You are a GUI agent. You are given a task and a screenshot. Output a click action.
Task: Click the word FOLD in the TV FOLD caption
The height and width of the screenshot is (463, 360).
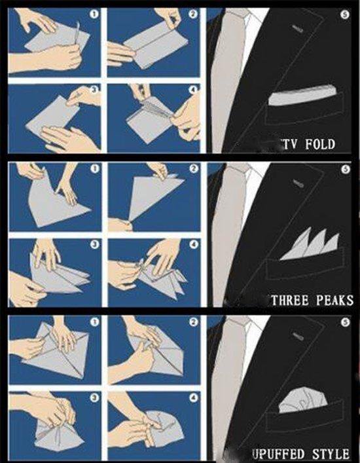coord(320,144)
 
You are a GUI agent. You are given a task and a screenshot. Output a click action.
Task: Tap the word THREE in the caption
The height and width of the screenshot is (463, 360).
coord(291,301)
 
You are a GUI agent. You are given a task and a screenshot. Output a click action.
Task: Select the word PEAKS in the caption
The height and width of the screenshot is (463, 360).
coord(334,301)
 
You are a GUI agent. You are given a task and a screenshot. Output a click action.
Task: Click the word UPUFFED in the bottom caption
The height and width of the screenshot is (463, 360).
coord(278,454)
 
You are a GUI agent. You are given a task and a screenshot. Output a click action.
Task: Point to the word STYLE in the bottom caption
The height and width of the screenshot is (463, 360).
coord(331,454)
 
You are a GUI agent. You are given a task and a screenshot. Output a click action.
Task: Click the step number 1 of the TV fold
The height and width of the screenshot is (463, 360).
coord(94,14)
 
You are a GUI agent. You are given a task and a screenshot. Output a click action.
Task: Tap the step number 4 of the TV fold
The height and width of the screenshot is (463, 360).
coord(193,90)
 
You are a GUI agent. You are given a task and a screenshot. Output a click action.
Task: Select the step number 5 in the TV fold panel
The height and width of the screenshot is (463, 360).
coord(345,15)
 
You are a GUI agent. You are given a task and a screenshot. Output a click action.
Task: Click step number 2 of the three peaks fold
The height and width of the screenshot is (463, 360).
coord(193,168)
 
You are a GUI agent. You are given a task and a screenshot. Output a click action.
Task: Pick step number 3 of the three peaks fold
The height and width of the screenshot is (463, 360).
coord(94,244)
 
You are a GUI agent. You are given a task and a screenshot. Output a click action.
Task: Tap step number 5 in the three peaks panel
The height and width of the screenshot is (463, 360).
coord(345,169)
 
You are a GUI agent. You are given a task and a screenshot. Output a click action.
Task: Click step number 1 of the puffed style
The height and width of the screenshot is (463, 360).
coord(94,322)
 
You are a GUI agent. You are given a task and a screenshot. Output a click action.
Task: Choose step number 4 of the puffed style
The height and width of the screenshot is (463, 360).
coord(193,398)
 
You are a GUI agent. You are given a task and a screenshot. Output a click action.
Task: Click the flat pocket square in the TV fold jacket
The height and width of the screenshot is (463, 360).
coord(301,95)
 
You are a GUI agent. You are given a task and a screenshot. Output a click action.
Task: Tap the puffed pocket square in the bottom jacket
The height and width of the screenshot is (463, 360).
coord(302,401)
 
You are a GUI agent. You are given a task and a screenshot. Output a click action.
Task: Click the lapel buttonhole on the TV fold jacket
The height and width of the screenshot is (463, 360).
coord(298,29)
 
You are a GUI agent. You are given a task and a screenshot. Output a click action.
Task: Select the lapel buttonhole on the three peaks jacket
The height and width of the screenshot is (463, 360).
coord(298,184)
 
